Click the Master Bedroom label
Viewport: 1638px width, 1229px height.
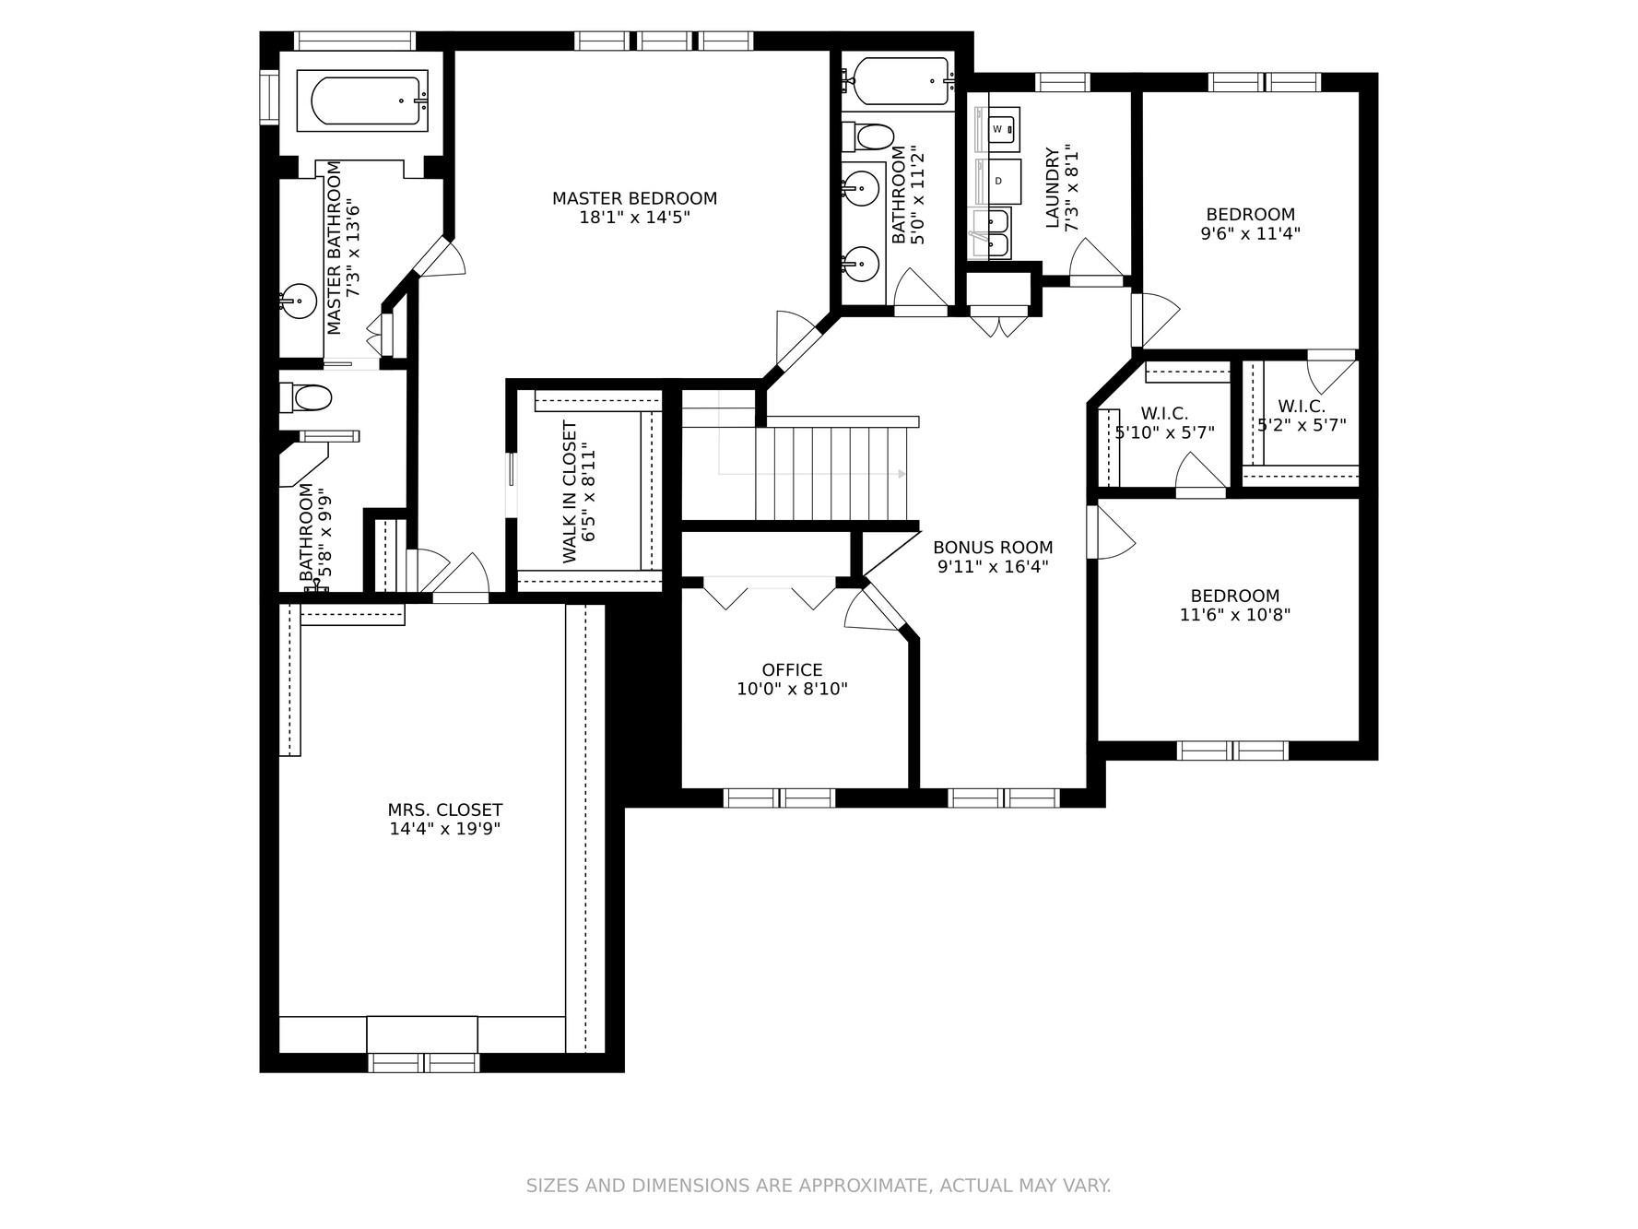634,198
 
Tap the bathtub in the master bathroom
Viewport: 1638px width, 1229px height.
368,100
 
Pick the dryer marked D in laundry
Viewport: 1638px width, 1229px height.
999,181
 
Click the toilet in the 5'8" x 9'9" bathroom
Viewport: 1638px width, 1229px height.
308,398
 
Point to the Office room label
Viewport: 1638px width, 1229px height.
792,670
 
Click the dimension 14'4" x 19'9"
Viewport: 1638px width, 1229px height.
444,829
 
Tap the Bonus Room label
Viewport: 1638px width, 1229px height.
993,548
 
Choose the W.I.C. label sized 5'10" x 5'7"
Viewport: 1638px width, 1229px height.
1164,413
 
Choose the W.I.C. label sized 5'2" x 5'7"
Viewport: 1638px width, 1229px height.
1302,407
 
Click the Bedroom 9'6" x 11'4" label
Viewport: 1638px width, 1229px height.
1250,215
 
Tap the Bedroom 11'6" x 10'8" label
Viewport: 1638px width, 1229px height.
1234,596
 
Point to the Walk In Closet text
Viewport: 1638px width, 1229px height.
570,492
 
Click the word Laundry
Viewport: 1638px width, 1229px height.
1053,188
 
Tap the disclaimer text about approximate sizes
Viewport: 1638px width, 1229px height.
819,1186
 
